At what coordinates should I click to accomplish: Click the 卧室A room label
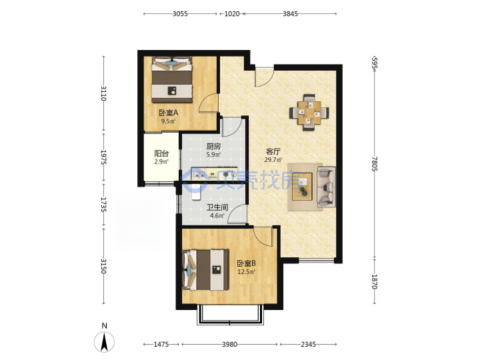pyautogui.click(x=168, y=113)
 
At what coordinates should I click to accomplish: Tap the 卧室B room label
pyautogui.click(x=247, y=263)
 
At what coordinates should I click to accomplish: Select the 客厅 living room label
pyautogui.click(x=273, y=151)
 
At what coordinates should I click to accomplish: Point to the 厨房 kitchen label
pyautogui.click(x=213, y=147)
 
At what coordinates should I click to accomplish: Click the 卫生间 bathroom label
pyautogui.click(x=217, y=207)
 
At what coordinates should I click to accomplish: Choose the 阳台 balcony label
pyautogui.click(x=161, y=154)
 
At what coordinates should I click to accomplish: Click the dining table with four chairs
pyautogui.click(x=309, y=113)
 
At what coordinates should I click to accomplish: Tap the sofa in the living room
pyautogui.click(x=326, y=187)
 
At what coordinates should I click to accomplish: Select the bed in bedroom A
pyautogui.click(x=172, y=79)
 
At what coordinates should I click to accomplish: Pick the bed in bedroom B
pyautogui.click(x=206, y=270)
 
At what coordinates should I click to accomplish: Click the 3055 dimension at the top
pyautogui.click(x=180, y=14)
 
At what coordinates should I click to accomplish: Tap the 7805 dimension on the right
pyautogui.click(x=375, y=164)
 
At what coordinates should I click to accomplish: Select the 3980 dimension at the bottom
pyautogui.click(x=229, y=345)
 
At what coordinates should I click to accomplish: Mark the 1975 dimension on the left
pyautogui.click(x=103, y=157)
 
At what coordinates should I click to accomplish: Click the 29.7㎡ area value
pyautogui.click(x=273, y=159)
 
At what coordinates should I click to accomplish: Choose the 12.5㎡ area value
pyautogui.click(x=247, y=271)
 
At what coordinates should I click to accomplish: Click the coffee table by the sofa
pyautogui.click(x=302, y=187)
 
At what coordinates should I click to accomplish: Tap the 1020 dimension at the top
pyautogui.click(x=232, y=14)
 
